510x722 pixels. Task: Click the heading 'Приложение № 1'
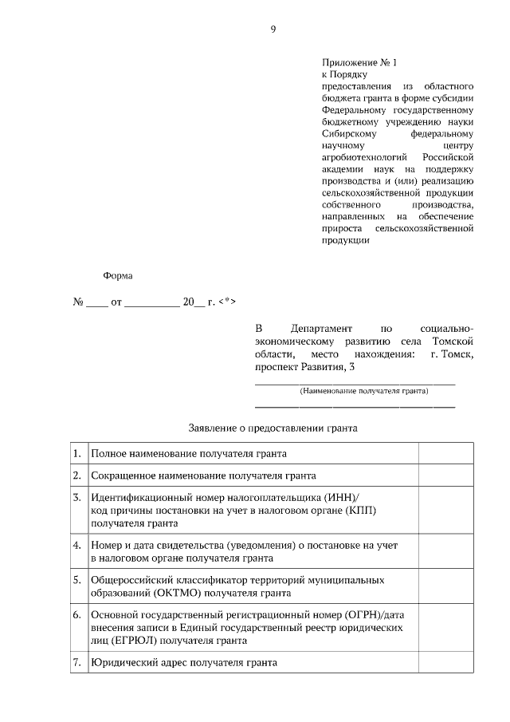(358, 62)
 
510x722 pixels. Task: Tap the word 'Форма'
(118, 276)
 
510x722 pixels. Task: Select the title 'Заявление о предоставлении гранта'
(273, 428)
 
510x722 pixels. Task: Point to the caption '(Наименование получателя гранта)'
(363, 391)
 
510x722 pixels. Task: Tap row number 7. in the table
(77, 662)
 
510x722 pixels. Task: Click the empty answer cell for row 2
(446, 475)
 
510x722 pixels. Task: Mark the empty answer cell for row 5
(446, 586)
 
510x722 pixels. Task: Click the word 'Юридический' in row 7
(126, 662)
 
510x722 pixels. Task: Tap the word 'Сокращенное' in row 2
(127, 475)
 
